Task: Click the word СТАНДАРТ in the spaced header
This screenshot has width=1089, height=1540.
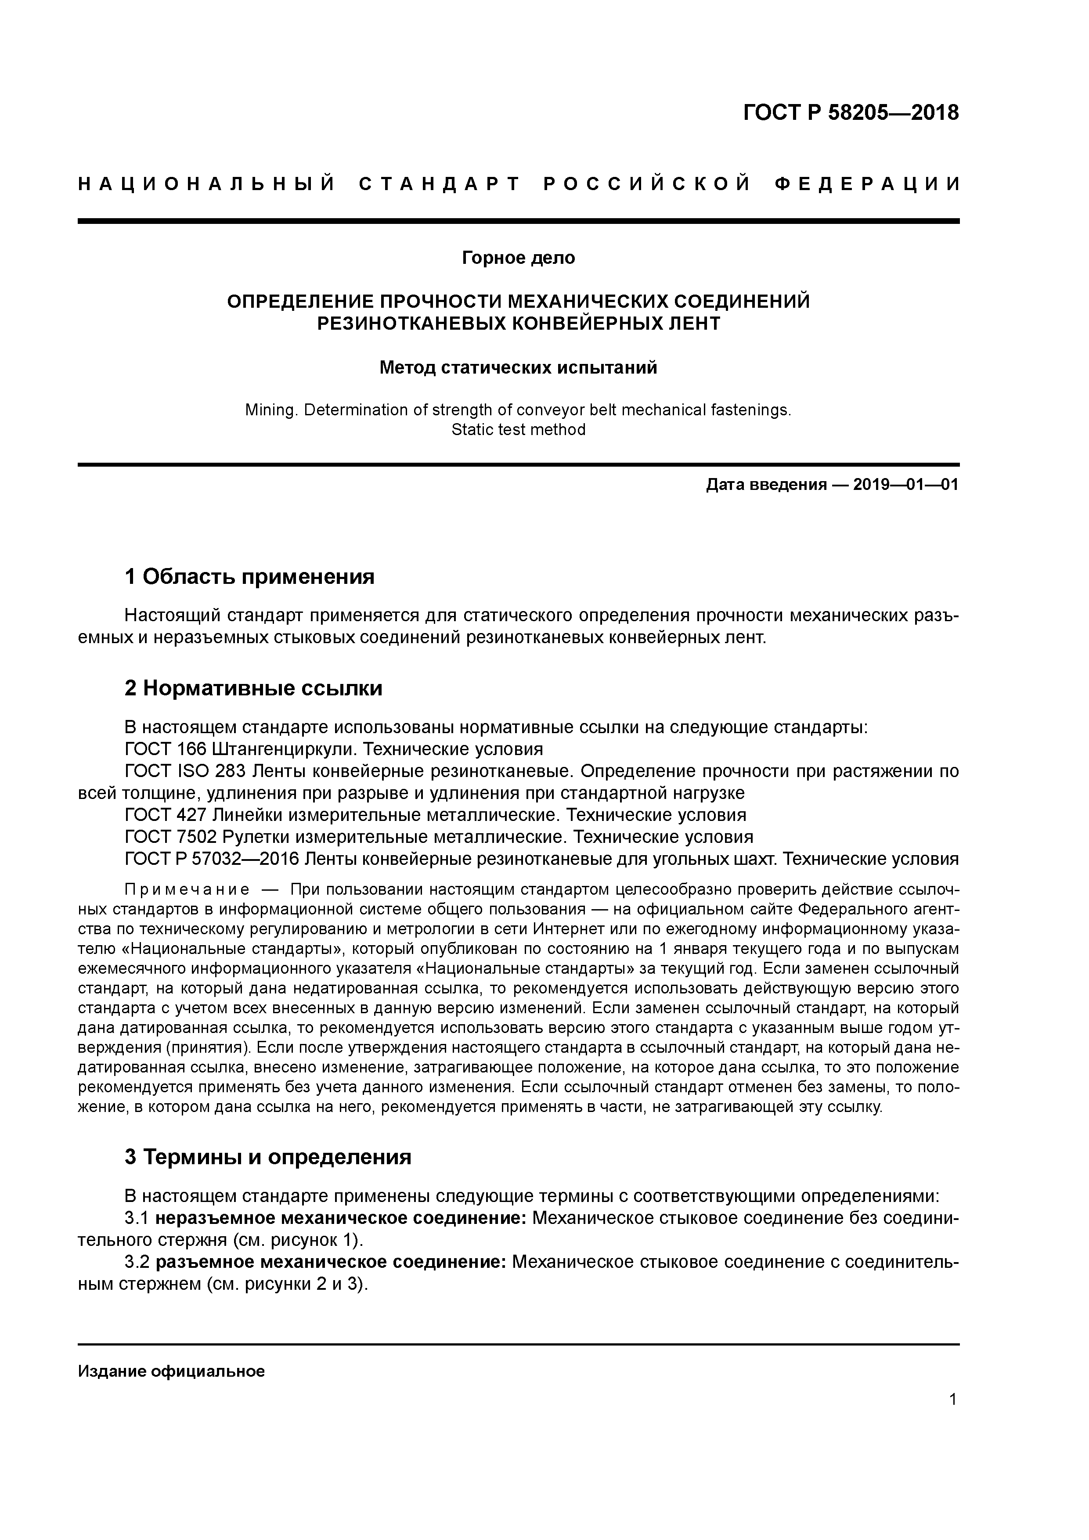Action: [x=440, y=184]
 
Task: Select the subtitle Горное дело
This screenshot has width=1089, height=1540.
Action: [x=518, y=258]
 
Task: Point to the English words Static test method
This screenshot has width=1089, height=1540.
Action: [x=518, y=429]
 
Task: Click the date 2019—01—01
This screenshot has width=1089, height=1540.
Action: [x=906, y=484]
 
